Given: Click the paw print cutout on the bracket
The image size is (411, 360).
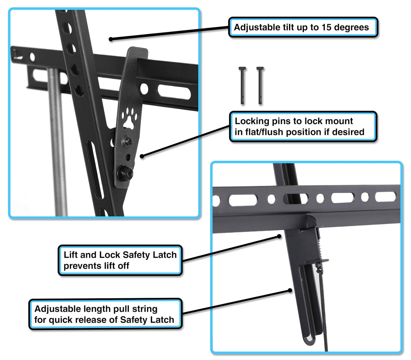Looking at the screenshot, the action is (129, 118).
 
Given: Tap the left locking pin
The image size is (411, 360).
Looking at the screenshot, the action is (242, 85).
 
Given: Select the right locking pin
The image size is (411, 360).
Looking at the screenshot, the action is (260, 85).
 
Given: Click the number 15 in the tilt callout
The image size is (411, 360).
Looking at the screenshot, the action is (327, 27).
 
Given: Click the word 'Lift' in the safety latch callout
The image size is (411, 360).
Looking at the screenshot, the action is (71, 255).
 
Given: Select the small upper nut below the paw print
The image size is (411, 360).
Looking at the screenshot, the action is (127, 141).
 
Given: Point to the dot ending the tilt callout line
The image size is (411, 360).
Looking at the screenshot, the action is (111, 39).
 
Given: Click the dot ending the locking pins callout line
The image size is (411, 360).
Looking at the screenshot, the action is (142, 156).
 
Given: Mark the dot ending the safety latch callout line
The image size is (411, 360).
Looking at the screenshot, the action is (279, 236).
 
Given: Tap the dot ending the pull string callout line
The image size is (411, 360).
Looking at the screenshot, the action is (290, 291).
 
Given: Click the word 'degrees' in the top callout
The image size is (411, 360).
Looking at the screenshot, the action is (351, 28).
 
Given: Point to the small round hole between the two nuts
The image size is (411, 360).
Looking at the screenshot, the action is (128, 157).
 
